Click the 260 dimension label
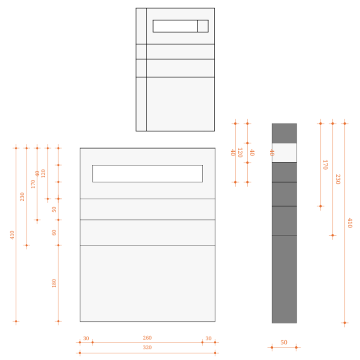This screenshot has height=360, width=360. point(147,338)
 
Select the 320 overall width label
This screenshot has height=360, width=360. point(147,347)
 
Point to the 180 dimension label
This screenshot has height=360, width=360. point(54,283)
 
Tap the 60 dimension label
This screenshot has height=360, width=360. point(54,232)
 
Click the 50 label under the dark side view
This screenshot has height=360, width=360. point(284,343)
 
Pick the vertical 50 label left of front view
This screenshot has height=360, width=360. point(54,209)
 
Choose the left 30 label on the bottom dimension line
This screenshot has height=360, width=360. point(86,338)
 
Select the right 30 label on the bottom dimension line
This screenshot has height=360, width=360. point(208,338)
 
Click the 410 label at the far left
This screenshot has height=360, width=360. point(12,235)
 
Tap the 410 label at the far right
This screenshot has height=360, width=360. point(350,223)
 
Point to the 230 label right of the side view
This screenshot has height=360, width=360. point(338,179)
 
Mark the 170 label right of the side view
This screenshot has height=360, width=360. point(325,165)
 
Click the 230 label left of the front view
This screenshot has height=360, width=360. point(22,197)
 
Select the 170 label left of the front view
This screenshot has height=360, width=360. point(33,184)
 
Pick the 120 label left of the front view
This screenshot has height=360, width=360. point(44,173)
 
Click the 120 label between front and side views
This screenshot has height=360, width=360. point(240,153)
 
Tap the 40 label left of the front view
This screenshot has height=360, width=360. point(38,173)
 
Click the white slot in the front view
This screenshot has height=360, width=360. point(147,173)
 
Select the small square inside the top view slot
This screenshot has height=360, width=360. point(203,26)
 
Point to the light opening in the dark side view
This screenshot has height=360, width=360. point(284,153)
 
